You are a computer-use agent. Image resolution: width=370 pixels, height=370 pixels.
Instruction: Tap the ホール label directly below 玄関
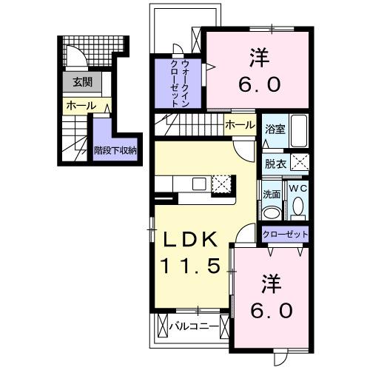pos(81,106)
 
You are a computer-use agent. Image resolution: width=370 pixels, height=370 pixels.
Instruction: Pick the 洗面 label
pos(272,194)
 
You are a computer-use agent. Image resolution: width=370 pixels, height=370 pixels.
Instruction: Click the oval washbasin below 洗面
pos(272,212)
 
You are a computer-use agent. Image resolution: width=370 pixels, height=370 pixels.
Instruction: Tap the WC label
pos(297,189)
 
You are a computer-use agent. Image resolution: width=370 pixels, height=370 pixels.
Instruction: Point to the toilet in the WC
pos(297,209)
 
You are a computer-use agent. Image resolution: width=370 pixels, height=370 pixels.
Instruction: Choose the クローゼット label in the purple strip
pos(285,235)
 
